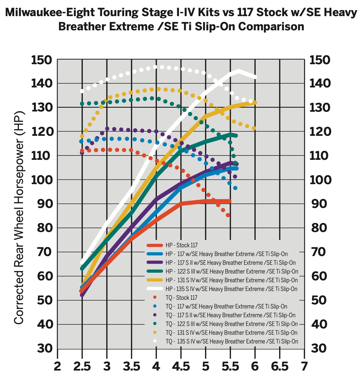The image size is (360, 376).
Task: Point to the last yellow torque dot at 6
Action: tap(254, 128)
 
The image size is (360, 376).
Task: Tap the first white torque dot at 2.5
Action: tap(82, 91)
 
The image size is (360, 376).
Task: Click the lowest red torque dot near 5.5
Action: tap(228, 215)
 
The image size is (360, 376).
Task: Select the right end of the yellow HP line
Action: tap(255, 102)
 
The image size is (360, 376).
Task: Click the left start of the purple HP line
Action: tap(82, 295)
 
